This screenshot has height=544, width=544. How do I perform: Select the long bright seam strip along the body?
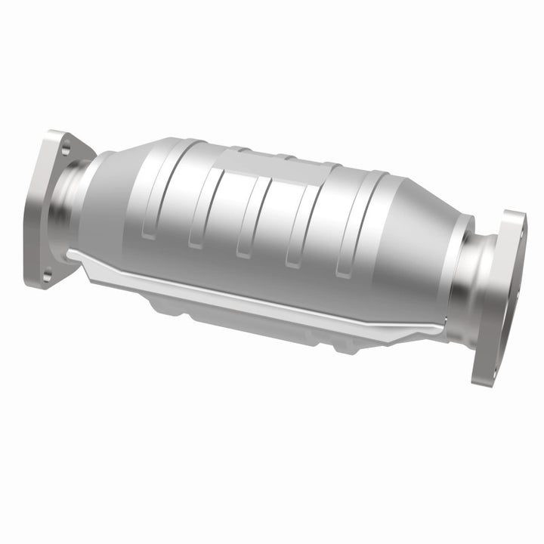(x=257, y=291)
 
